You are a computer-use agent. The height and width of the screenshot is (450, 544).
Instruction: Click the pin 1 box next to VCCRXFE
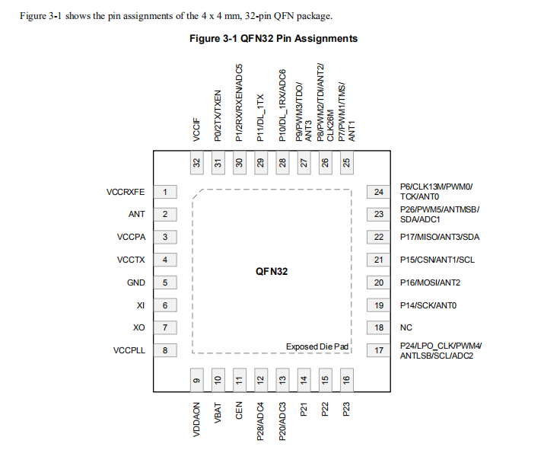(164, 192)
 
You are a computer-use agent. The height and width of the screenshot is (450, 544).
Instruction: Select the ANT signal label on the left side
(137, 215)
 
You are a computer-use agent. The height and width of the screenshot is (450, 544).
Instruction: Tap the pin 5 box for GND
(164, 282)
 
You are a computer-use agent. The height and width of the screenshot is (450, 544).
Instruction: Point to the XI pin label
(140, 305)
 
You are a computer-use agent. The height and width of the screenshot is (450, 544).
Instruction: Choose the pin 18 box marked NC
(378, 328)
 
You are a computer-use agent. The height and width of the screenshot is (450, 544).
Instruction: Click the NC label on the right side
(406, 328)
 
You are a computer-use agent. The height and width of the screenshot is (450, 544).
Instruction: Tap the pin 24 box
(378, 192)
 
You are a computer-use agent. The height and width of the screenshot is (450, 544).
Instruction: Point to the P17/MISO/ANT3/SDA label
(440, 237)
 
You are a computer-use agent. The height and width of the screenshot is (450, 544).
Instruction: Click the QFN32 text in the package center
(271, 271)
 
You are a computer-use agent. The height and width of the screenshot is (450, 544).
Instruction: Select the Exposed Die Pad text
(317, 347)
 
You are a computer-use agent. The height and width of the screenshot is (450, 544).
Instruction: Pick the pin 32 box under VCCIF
(196, 162)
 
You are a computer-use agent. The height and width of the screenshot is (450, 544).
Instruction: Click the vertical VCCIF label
(196, 129)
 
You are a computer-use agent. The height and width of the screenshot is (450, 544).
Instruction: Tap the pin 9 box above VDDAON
(196, 379)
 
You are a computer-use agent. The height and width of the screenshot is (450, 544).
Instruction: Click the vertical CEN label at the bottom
(239, 409)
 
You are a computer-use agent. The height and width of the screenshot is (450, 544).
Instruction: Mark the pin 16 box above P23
(346, 379)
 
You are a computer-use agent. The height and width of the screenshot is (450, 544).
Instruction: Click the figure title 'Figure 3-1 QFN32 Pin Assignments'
(273, 38)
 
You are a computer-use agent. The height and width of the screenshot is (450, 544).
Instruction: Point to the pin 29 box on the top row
(260, 162)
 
